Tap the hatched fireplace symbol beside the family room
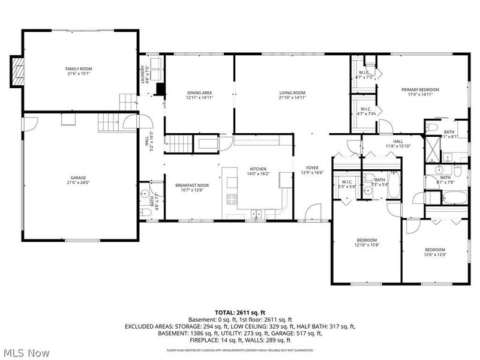coord(18,70)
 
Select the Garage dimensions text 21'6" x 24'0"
coord(78,183)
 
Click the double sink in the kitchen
coord(256,212)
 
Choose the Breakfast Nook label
coord(192,185)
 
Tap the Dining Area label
coord(199,92)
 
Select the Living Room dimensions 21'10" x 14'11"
coord(292,98)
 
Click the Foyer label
coord(312,167)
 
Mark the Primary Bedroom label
coord(420,89)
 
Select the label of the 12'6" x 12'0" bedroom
coord(435,250)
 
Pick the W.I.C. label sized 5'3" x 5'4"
coord(347,182)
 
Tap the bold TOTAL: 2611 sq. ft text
coord(240,313)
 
